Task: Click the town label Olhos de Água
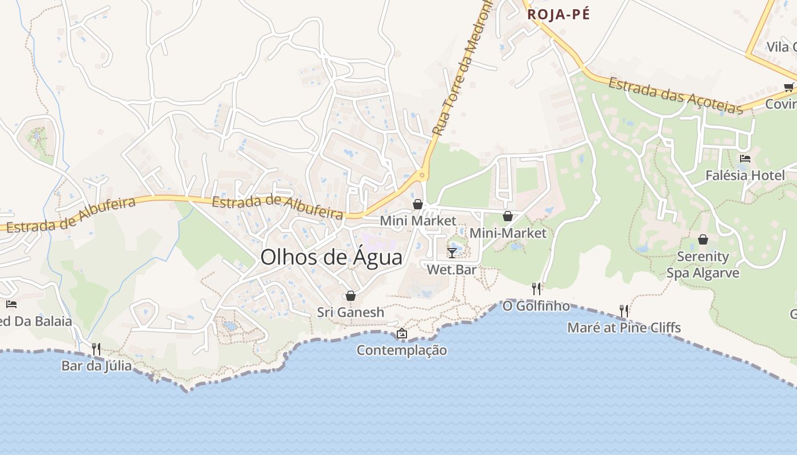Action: pyautogui.click(x=331, y=257)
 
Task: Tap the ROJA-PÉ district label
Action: pyautogui.click(x=558, y=15)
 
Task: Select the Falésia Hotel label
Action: pyautogui.click(x=745, y=175)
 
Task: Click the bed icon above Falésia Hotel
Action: pyautogui.click(x=745, y=159)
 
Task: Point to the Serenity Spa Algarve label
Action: pyautogui.click(x=703, y=264)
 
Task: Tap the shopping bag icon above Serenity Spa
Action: pyautogui.click(x=703, y=239)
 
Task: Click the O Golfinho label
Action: pyautogui.click(x=536, y=306)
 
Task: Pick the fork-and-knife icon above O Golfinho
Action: pyautogui.click(x=536, y=289)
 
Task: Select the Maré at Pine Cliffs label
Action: pyautogui.click(x=624, y=328)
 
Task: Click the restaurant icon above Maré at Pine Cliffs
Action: pyautogui.click(x=624, y=311)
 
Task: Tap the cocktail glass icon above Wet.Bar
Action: pyautogui.click(x=452, y=253)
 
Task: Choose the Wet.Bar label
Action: pyautogui.click(x=451, y=270)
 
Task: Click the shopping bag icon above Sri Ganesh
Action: pyautogui.click(x=351, y=296)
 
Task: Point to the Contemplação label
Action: pyautogui.click(x=402, y=350)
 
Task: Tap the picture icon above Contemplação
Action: pyautogui.click(x=402, y=333)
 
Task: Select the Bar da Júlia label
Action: pyautogui.click(x=96, y=366)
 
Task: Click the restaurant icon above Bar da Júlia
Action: pyautogui.click(x=96, y=348)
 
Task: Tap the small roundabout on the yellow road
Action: pyautogui.click(x=422, y=176)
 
